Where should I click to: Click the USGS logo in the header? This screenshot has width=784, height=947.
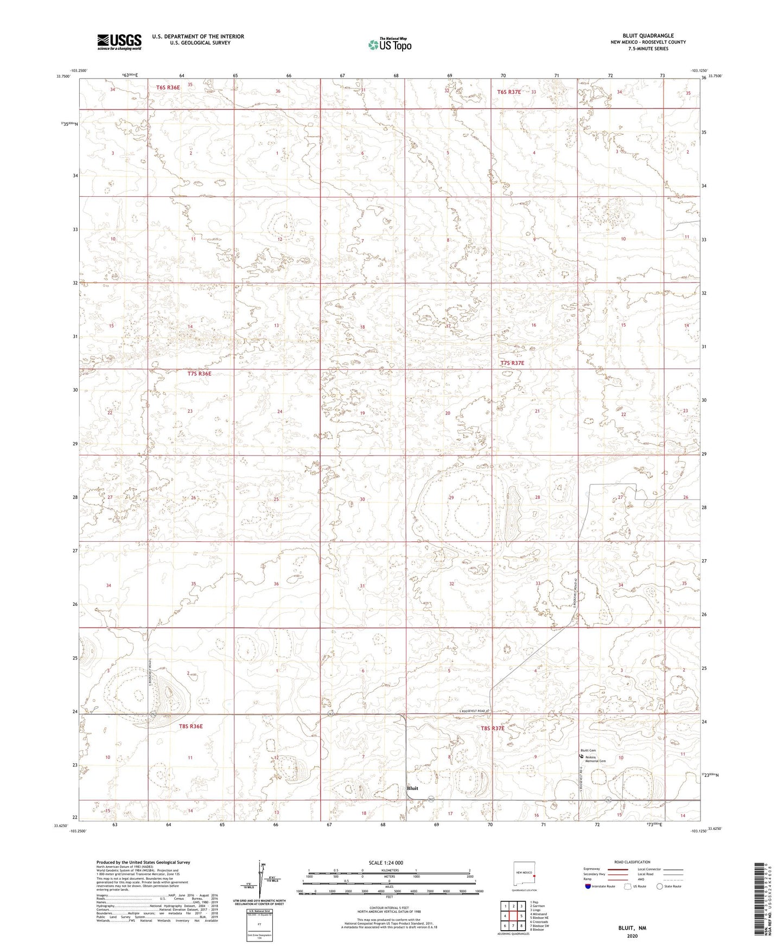coord(119,42)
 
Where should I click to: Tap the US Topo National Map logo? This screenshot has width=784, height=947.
coord(389,44)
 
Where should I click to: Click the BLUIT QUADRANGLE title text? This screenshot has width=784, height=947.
coord(648,36)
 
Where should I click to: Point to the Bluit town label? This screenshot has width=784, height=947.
coord(413,788)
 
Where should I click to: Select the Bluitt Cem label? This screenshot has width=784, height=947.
coord(589,751)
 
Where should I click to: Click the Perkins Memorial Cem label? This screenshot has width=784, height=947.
coord(596,759)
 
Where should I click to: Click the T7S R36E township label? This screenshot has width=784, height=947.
coord(199,374)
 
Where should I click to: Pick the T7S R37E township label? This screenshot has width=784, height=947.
coord(512,363)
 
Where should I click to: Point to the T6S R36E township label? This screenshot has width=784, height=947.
coord(168,87)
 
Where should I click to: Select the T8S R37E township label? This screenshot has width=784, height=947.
coord(493,728)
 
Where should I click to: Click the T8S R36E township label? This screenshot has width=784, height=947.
coord(190,726)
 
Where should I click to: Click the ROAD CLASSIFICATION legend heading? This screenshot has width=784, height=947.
coord(632,862)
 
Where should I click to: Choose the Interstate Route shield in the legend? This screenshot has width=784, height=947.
coord(588,886)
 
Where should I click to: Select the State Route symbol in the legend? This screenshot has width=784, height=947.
coord(660,886)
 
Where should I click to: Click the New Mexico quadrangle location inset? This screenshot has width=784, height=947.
coord(524,875)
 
